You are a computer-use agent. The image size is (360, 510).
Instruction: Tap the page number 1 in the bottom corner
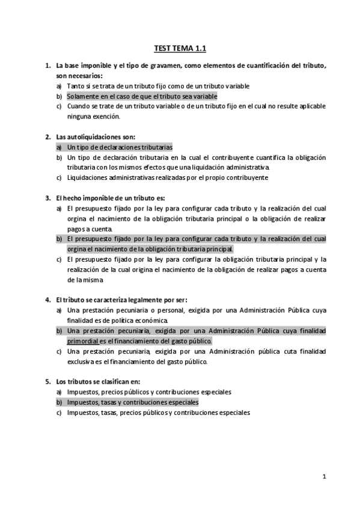(x=324, y=478)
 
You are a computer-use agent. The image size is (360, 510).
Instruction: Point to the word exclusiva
(x=81, y=361)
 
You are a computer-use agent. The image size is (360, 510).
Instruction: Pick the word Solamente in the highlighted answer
(x=82, y=96)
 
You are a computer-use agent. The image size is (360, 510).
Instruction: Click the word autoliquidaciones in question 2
(x=93, y=137)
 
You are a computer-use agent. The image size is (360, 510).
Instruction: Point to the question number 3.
(x=47, y=198)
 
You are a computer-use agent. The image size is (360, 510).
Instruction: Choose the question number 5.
(x=47, y=382)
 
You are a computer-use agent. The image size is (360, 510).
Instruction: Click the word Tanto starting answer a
(x=75, y=86)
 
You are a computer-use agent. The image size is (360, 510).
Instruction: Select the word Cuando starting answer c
(x=78, y=106)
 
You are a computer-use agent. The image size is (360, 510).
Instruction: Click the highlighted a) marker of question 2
(x=59, y=147)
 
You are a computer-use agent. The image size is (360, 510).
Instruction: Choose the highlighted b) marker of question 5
(x=59, y=402)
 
